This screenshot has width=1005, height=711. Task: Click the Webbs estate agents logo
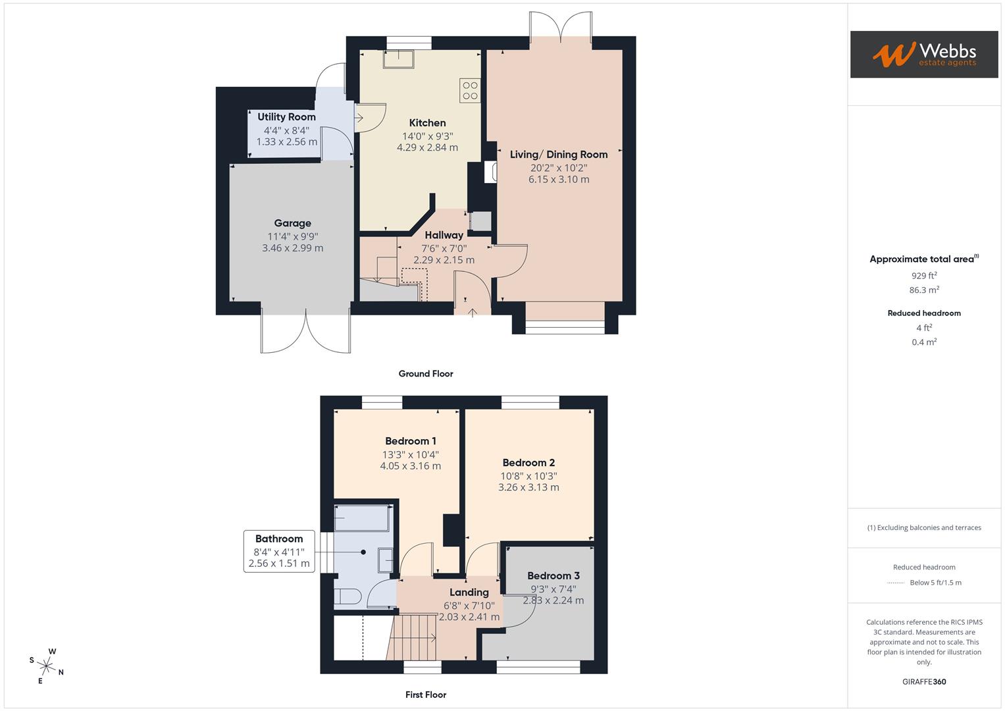[923, 54]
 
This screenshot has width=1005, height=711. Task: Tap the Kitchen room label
[427, 123]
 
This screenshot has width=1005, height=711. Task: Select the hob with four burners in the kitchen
[470, 90]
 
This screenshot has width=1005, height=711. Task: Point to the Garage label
[292, 223]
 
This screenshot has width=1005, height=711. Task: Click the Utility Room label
[286, 117]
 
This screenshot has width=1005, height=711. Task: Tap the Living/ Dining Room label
[558, 155]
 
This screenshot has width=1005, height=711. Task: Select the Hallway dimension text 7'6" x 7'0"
[444, 248]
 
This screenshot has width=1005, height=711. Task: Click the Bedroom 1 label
[410, 441]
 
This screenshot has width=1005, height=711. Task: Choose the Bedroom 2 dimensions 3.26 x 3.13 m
[528, 488]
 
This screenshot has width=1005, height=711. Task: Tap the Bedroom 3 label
[553, 576]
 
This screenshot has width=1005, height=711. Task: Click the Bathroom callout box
[279, 550]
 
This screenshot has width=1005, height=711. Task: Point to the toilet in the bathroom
[347, 596]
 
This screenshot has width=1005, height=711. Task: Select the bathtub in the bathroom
[362, 518]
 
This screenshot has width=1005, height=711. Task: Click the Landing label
[469, 592]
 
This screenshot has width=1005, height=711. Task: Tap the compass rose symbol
[47, 666]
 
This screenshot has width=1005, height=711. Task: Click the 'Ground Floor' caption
[426, 374]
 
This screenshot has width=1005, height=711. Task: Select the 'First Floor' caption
[426, 695]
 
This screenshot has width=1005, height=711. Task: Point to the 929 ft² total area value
[923, 276]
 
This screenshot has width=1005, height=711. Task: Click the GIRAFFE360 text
[923, 681]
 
